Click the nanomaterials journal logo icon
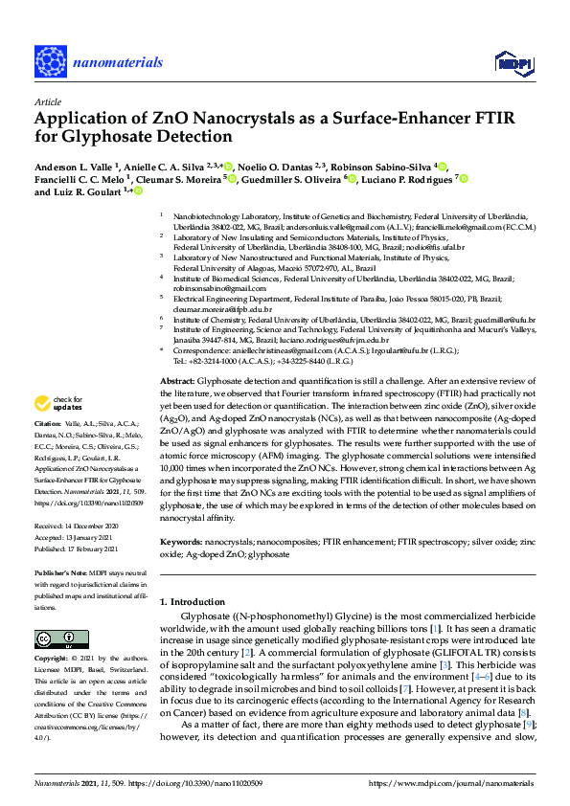point(51,60)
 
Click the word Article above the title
point(46,101)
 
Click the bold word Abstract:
point(179,381)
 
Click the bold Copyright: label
point(54,659)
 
